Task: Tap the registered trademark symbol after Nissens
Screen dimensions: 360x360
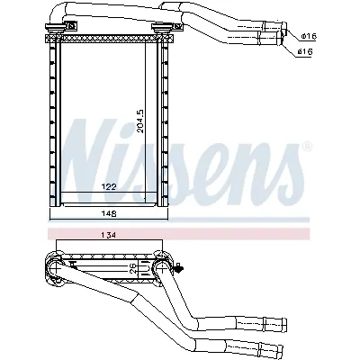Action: [x=307, y=146]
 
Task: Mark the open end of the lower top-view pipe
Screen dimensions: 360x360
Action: [x=285, y=51]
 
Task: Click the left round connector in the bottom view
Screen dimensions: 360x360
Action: [x=50, y=266]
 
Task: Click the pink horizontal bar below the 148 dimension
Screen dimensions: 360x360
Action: [x=180, y=232]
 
